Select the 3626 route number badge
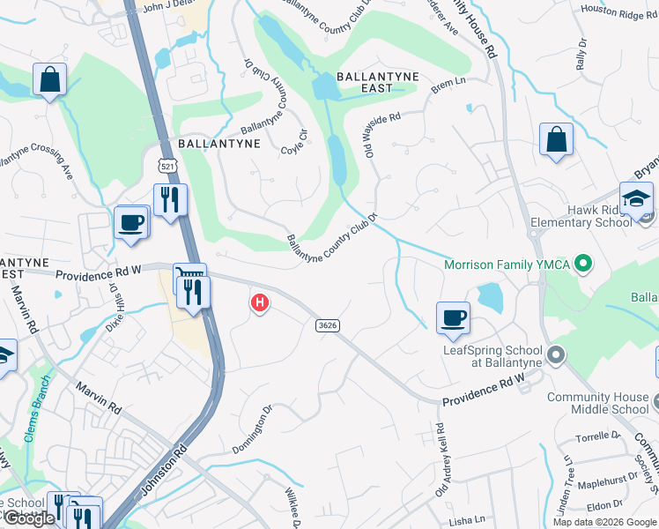[327, 325]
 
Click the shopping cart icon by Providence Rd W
[189, 276]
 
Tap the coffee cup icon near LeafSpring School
[453, 317]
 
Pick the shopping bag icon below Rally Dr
[556, 139]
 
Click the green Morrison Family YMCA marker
[581, 264]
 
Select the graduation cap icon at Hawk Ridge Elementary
[635, 199]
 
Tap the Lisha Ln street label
[467, 521]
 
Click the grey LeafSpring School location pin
[556, 356]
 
